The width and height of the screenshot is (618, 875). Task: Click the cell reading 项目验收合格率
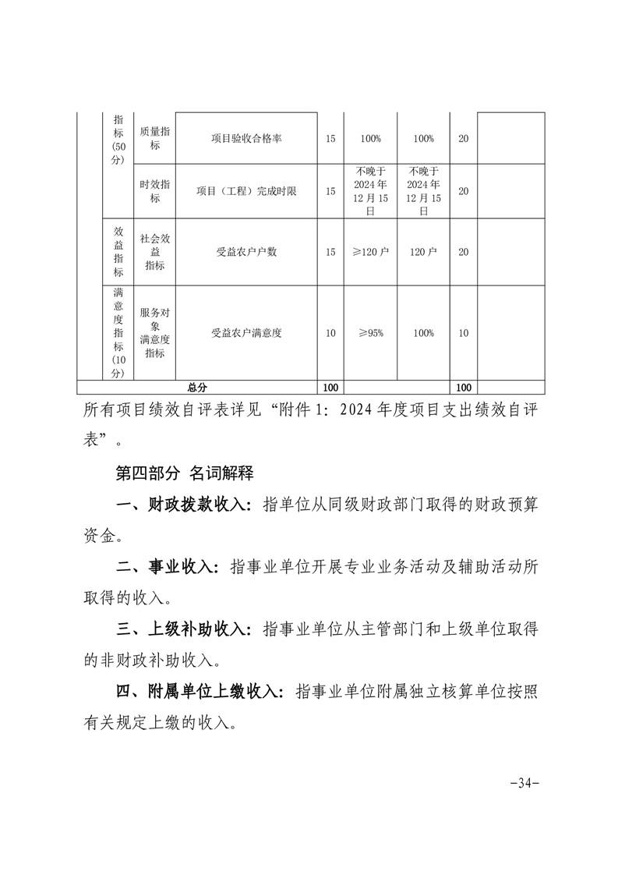click(x=246, y=138)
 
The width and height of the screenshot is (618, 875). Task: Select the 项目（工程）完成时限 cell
click(x=246, y=191)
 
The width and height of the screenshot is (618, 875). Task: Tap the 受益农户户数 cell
click(x=246, y=252)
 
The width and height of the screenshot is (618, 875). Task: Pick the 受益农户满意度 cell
click(x=246, y=333)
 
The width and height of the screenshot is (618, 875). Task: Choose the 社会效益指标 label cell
click(x=155, y=252)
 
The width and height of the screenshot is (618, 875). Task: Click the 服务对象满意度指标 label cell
click(x=155, y=333)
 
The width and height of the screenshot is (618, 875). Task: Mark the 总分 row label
click(x=197, y=387)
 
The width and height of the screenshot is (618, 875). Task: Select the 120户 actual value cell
click(x=423, y=252)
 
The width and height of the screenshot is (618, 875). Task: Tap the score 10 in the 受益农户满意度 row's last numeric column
click(x=464, y=333)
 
